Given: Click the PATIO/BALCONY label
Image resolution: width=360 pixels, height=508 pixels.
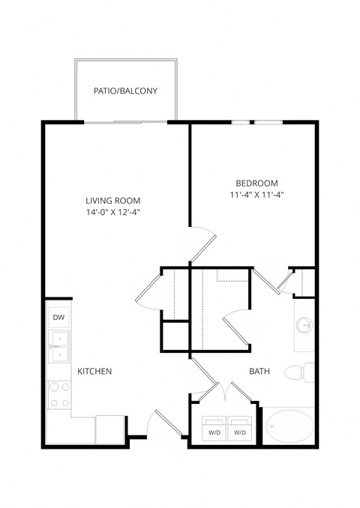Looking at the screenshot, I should tap(125, 91).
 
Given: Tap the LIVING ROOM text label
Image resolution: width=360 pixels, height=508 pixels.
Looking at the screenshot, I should tap(113, 201).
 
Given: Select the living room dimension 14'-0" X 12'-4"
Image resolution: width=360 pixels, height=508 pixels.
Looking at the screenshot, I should tap(113, 214).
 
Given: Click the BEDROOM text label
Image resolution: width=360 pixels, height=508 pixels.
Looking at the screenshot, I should tap(256, 183).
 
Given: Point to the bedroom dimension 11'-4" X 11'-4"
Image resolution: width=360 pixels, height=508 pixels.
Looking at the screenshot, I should tap(256, 195).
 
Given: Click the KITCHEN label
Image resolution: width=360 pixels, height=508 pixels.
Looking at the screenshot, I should tap(94, 371).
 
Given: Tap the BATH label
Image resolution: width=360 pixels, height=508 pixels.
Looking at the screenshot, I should tap(259, 371).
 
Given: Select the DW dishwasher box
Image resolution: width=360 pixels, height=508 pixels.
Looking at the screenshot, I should tap(58, 318).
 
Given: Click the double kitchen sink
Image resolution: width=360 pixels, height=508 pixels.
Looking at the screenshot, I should tap(58, 347).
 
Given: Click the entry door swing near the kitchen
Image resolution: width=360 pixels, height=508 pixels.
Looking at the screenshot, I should tap(161, 424).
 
